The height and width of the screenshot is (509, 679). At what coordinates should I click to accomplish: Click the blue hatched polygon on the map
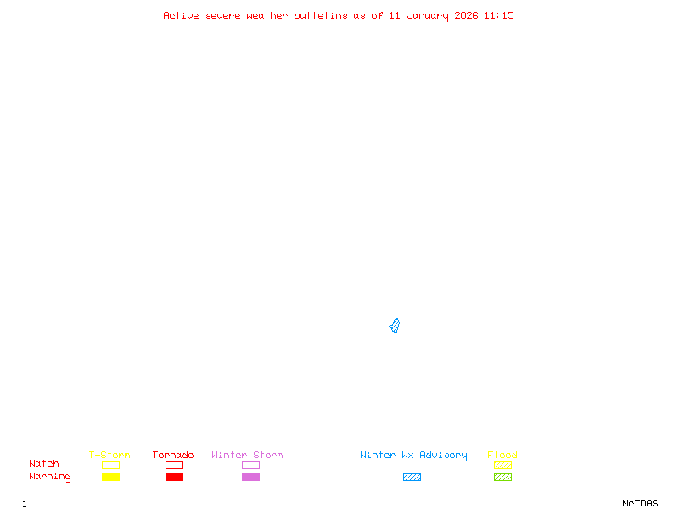click(395, 326)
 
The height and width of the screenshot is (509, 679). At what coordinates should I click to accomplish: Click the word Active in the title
click(181, 15)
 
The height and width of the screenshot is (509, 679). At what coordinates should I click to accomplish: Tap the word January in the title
click(425, 15)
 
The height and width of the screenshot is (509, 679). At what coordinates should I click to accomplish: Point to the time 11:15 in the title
click(499, 15)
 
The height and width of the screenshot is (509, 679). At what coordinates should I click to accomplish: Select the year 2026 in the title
click(465, 15)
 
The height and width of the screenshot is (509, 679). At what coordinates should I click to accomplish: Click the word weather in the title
click(267, 15)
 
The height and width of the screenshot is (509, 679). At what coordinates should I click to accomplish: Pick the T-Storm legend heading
click(109, 456)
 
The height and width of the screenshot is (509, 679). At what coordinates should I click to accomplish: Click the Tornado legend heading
click(173, 456)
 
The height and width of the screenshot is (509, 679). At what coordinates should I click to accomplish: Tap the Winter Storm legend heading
click(247, 456)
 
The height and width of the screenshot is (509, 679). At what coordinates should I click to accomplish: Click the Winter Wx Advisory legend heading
click(413, 456)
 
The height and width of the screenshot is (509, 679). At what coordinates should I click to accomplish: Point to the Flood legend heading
click(502, 456)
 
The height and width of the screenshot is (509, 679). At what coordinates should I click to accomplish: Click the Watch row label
click(44, 464)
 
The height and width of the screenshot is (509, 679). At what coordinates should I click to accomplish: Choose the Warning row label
click(50, 477)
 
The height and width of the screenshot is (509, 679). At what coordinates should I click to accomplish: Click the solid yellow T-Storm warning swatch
click(110, 478)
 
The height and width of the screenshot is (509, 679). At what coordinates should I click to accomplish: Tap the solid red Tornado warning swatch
click(174, 478)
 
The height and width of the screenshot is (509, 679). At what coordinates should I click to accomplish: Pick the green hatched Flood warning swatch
click(502, 478)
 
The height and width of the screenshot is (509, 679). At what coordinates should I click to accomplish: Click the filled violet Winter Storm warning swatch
click(250, 478)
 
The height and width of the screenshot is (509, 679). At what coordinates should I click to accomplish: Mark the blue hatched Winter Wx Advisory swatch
click(412, 478)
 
